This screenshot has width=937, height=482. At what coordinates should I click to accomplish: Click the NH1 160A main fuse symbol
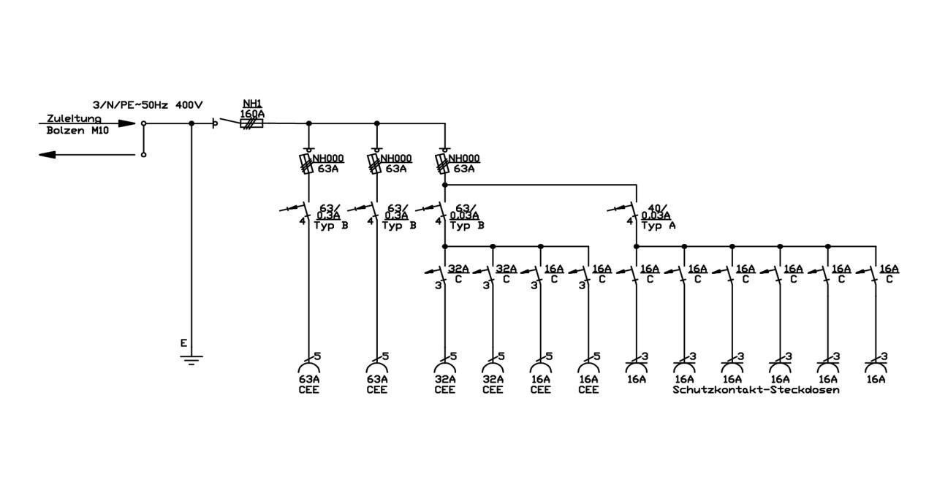pyautogui.click(x=251, y=123)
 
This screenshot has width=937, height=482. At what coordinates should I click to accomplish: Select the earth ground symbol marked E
pyautogui.click(x=191, y=360)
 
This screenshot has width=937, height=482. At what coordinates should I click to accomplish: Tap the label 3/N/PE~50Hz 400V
pyautogui.click(x=148, y=105)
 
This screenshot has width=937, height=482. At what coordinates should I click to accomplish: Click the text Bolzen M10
pyautogui.click(x=77, y=131)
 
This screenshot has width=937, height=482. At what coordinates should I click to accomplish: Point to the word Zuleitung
pyautogui.click(x=74, y=118)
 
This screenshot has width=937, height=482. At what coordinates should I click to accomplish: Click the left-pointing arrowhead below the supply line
pyautogui.click(x=48, y=155)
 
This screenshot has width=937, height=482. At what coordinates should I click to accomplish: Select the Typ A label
pyautogui.click(x=659, y=226)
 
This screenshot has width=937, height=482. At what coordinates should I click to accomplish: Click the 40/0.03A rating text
pyautogui.click(x=656, y=212)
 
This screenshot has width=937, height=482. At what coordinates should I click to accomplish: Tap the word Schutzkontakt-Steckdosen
pyautogui.click(x=756, y=389)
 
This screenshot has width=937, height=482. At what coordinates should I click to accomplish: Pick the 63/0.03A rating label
pyautogui.click(x=465, y=212)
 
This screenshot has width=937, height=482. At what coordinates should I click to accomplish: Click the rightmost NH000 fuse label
pyautogui.click(x=464, y=158)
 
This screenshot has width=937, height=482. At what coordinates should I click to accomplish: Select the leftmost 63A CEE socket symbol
pyautogui.click(x=308, y=367)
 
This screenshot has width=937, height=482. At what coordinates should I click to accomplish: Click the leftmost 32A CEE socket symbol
pyautogui.click(x=444, y=367)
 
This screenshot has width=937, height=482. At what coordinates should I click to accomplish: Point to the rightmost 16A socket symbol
pyautogui.click(x=876, y=367)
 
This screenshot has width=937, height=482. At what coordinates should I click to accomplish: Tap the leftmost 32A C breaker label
pyautogui.click(x=458, y=274)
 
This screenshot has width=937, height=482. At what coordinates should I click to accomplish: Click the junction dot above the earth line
pyautogui.click(x=191, y=123)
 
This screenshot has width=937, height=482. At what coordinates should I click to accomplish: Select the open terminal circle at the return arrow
pyautogui.click(x=143, y=155)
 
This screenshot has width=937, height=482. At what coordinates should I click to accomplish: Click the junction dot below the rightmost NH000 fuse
pyautogui.click(x=444, y=185)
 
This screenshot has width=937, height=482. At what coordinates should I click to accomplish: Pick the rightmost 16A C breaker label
pyautogui.click(x=889, y=274)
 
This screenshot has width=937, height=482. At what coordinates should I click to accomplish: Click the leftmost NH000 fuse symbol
pyautogui.click(x=307, y=164)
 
